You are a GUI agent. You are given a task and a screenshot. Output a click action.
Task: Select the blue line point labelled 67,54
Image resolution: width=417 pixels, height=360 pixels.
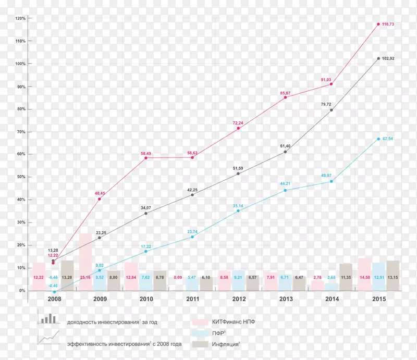coord(378,139)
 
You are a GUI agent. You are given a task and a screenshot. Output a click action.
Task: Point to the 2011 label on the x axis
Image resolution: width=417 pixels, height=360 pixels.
coord(192,299)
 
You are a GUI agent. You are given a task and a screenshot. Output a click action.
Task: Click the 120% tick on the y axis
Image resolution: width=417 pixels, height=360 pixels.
coord(20,18)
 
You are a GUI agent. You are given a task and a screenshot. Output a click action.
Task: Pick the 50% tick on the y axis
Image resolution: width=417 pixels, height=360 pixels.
coord(21,177)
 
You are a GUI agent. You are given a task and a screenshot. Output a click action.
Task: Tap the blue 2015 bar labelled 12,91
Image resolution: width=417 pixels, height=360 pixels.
coord(378,277)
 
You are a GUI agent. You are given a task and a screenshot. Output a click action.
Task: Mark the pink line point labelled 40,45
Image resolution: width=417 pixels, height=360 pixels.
coord(100,199)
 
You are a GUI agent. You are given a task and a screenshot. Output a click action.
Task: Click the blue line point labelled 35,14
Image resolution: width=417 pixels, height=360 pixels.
coord(239,211)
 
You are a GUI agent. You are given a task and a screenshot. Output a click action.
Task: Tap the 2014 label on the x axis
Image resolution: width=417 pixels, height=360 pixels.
coord(332,299)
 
